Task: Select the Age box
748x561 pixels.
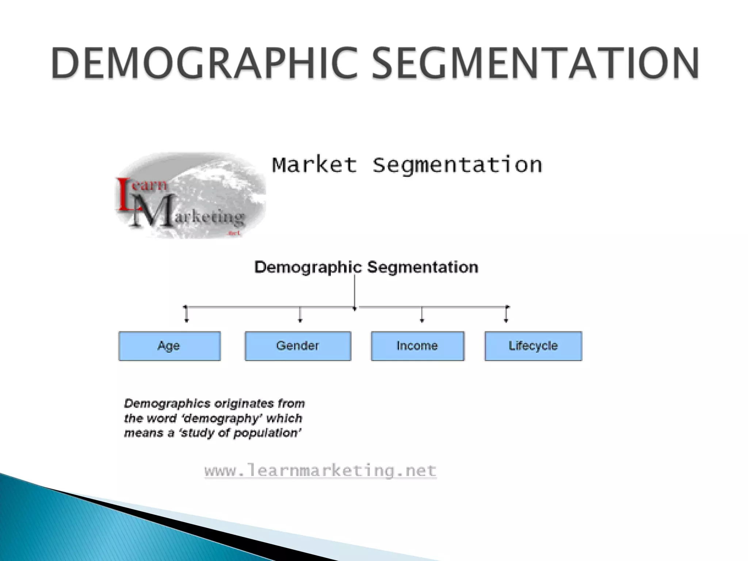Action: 169,346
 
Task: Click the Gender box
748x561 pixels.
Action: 298,346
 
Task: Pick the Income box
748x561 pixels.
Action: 417,346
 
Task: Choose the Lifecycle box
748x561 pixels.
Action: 533,346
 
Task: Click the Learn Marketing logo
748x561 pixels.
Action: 190,195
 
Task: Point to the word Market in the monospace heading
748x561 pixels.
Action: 314,165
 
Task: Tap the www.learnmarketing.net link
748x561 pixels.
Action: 320,470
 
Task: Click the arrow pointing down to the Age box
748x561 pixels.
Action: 186,314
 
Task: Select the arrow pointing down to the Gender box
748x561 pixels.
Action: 300,315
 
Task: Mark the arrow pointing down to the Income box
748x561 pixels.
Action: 422,315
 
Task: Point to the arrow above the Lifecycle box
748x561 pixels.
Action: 506,314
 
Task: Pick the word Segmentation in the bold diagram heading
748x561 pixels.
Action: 423,267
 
